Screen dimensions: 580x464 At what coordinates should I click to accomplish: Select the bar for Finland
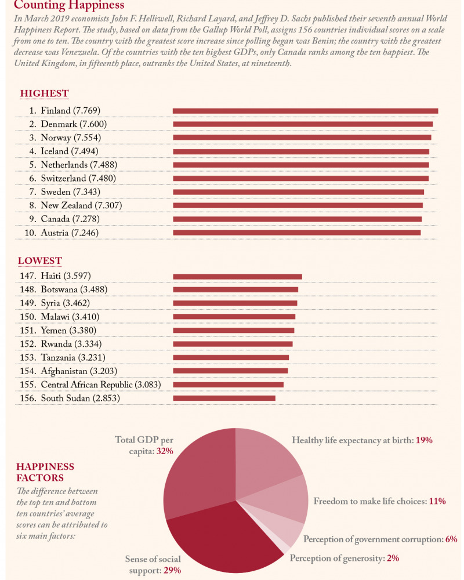pyautogui.click(x=305, y=110)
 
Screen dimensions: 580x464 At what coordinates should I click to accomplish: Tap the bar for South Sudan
pyautogui.click(x=224, y=398)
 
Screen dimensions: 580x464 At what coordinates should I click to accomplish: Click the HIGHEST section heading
pyautogui.click(x=44, y=93)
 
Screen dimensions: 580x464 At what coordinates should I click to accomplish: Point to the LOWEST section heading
pyautogui.click(x=39, y=260)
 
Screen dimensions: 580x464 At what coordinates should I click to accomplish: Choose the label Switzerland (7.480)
pyautogui.click(x=77, y=178)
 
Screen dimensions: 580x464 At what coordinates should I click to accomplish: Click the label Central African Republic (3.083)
pyautogui.click(x=100, y=385)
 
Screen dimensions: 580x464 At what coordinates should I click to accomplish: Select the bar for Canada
pyautogui.click(x=297, y=219)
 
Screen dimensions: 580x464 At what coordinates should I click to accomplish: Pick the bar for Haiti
pyautogui.click(x=237, y=276)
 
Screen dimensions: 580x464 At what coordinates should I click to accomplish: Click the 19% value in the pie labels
pyautogui.click(x=424, y=440)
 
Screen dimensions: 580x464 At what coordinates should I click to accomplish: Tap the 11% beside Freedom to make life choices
pyautogui.click(x=437, y=501)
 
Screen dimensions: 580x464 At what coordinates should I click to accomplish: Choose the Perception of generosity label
pyautogui.click(x=336, y=559)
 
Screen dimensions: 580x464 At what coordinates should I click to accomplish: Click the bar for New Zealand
pyautogui.click(x=298, y=205)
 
